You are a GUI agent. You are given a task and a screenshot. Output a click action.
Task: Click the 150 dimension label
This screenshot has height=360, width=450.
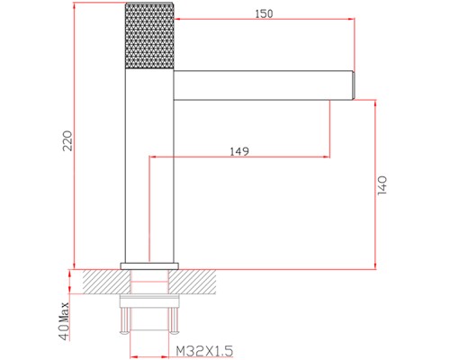pos(264,13)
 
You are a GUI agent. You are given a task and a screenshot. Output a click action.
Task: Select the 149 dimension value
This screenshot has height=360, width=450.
pos(239,151)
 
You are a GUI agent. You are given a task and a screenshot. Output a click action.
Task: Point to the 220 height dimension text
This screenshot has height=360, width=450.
pos(67,140)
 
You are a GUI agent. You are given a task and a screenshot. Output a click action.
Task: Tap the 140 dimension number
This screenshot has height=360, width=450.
pos(382,185)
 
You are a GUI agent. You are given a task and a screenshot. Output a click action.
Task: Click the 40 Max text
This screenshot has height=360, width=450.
pos(64,321)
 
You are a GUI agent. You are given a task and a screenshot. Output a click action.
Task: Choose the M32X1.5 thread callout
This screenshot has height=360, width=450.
pos(204,351)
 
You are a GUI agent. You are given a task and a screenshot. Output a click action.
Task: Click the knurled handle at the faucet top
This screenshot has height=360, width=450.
pos(149,36)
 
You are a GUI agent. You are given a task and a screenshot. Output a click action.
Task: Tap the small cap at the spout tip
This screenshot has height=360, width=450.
pos(354,85)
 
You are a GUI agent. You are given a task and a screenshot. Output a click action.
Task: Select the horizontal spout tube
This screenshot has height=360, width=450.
pos(263,85)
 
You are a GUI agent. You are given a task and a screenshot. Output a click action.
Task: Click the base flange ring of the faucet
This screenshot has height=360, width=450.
pos(149,266)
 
